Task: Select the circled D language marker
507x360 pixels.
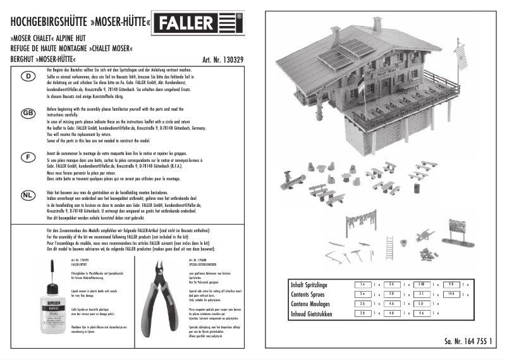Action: tap(28, 76)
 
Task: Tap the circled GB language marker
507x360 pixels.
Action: tap(28, 113)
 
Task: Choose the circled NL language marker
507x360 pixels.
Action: tap(28, 194)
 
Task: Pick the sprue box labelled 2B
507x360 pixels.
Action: tap(362, 314)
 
